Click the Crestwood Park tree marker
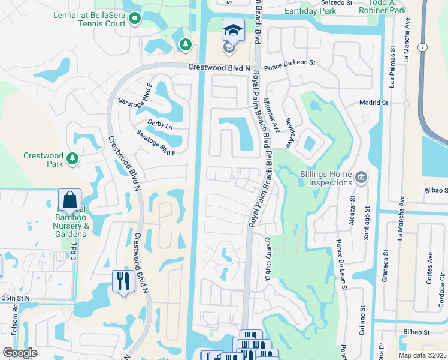[72, 158]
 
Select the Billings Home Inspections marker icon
[361, 177]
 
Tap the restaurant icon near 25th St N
[122, 281]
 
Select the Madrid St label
[374, 103]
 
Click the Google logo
[20, 353]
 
